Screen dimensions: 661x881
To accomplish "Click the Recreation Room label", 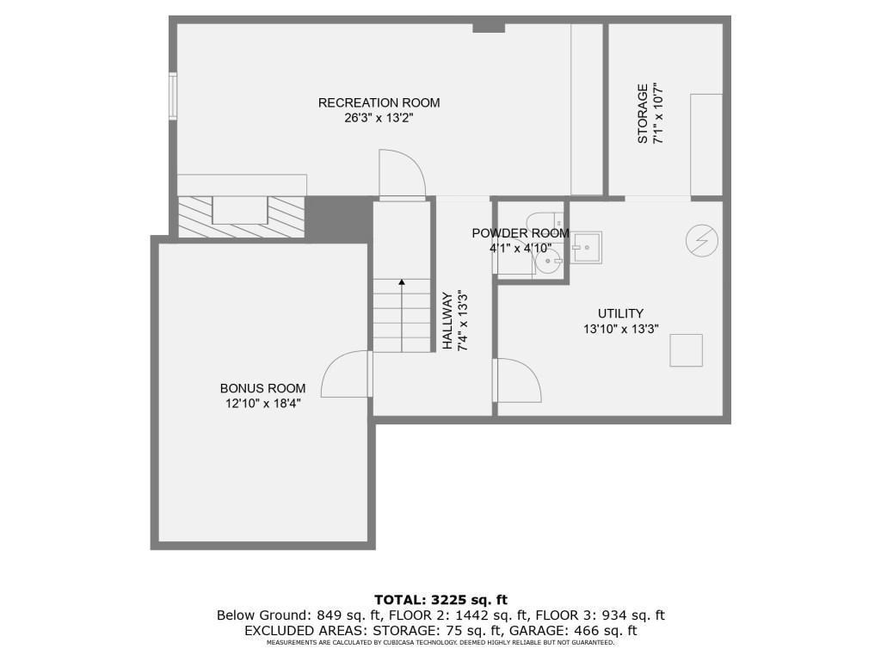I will click(x=379, y=102).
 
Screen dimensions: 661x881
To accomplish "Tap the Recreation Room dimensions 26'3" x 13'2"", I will click(x=379, y=118).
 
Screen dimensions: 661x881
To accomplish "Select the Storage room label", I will click(x=643, y=113).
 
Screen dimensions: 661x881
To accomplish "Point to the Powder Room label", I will click(x=520, y=233).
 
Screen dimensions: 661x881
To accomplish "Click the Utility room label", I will click(x=620, y=313).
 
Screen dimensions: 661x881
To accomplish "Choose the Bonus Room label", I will click(x=262, y=388).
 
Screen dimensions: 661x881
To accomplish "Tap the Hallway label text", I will click(x=448, y=320).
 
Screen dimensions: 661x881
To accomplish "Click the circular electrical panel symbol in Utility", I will click(x=700, y=241).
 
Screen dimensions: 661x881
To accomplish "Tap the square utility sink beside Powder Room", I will click(x=588, y=246).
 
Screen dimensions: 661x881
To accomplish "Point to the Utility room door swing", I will click(x=518, y=380).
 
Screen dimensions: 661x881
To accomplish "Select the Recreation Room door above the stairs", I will click(x=403, y=174).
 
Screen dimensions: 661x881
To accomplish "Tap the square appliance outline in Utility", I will click(x=686, y=350).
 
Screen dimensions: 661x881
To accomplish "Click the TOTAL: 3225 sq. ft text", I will click(x=440, y=599).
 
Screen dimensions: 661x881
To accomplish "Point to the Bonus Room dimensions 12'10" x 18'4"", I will click(x=262, y=403).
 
